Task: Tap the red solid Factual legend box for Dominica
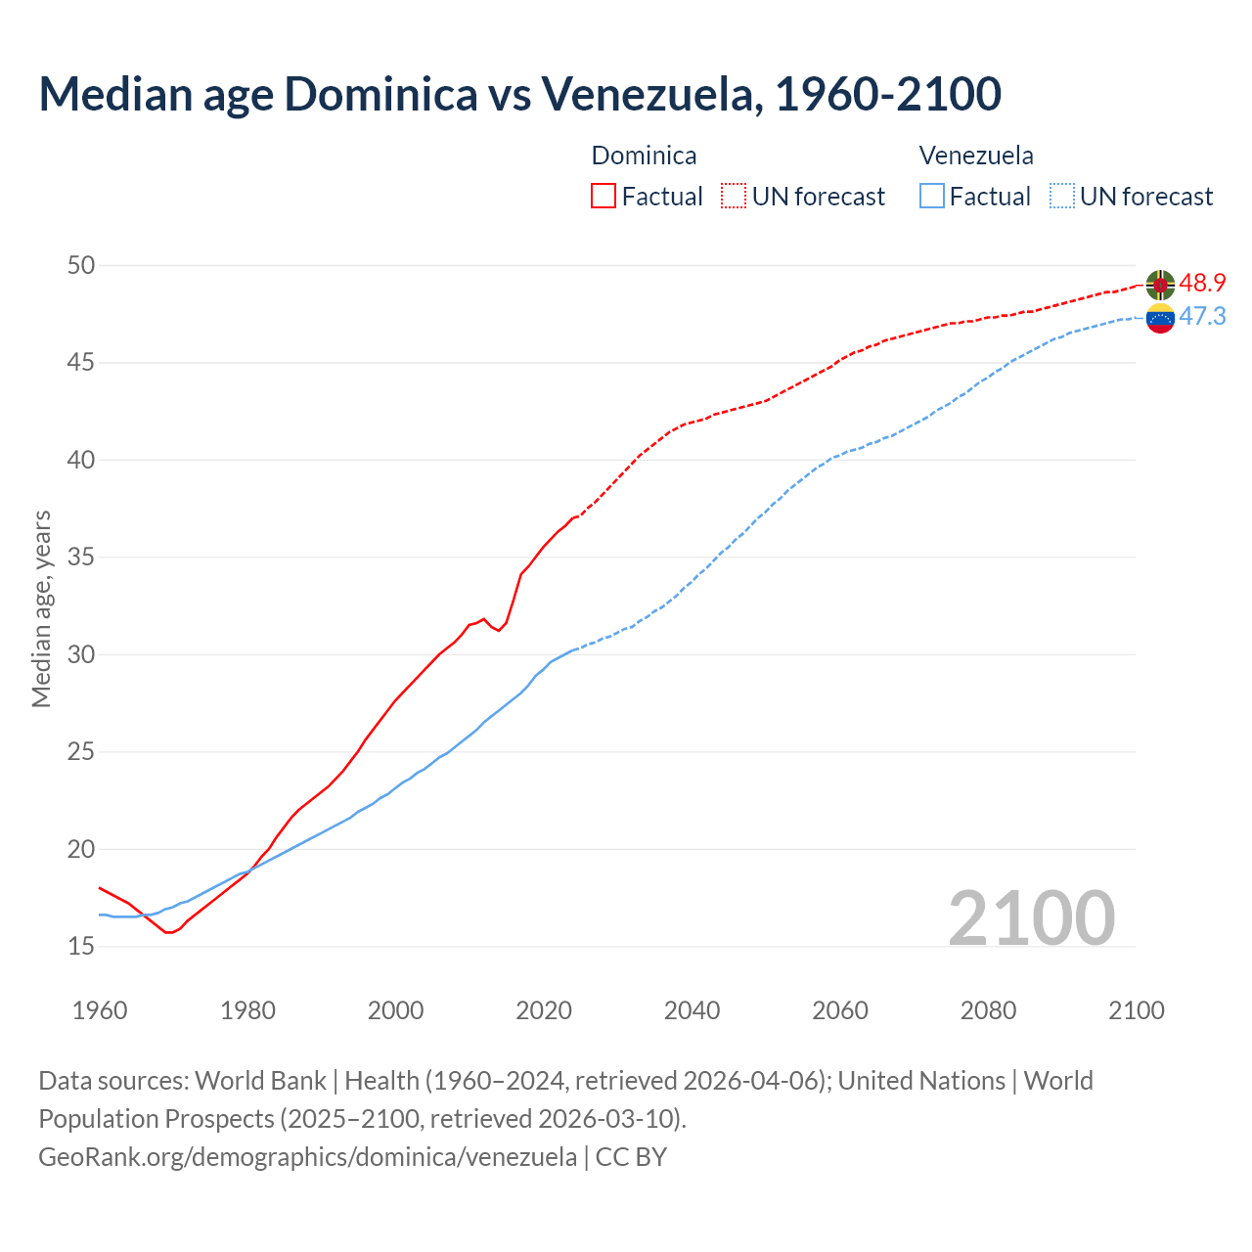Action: point(604,197)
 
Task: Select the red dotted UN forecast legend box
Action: point(734,197)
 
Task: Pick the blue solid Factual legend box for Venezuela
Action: point(932,197)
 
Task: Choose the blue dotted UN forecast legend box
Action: point(1061,197)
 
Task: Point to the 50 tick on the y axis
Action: point(81,265)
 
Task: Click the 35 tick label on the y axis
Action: point(81,558)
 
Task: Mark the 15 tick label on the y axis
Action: point(81,946)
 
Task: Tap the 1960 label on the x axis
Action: point(100,1010)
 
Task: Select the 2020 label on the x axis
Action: point(544,1010)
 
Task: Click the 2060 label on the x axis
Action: point(840,1010)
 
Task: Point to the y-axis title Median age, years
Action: point(41,608)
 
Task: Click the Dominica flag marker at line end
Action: point(1160,284)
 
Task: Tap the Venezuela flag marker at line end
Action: point(1160,318)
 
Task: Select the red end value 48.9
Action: point(1202,284)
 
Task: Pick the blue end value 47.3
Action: point(1202,317)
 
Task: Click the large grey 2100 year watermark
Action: point(1032,917)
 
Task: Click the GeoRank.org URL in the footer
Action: point(307,1156)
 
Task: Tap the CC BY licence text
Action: point(631,1156)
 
